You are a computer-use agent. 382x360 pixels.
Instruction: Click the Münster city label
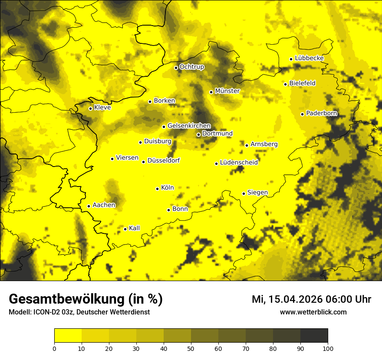pyautogui.click(x=227, y=91)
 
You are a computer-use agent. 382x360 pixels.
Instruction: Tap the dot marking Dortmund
pyautogui.click(x=198, y=134)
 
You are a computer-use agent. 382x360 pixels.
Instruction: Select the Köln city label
pyautogui.click(x=167, y=188)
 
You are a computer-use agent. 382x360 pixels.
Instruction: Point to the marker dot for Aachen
pyautogui.click(x=89, y=206)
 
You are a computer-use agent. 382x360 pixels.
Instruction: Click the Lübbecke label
pyautogui.click(x=309, y=58)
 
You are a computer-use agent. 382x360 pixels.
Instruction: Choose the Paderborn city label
pyautogui.click(x=321, y=113)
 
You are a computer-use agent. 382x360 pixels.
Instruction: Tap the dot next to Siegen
pyautogui.click(x=244, y=193)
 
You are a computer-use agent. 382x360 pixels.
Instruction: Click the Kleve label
pyautogui.click(x=102, y=108)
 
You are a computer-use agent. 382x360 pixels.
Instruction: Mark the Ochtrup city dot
pyautogui.click(x=176, y=68)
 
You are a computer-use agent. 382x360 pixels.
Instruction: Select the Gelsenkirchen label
pyautogui.click(x=189, y=126)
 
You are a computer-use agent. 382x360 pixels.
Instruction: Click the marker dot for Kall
pyautogui.click(x=125, y=229)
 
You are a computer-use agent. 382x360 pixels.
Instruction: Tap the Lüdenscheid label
pyautogui.click(x=239, y=162)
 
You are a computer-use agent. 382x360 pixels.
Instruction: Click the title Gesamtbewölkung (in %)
pyautogui.click(x=86, y=299)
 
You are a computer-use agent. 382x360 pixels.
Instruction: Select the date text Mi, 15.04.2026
pyautogui.click(x=286, y=299)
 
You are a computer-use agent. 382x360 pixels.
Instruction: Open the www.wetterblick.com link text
pyautogui.click(x=313, y=312)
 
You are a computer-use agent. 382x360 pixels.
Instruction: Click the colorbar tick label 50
pyautogui.click(x=191, y=348)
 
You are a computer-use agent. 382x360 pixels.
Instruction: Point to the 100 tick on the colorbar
pyautogui.click(x=328, y=348)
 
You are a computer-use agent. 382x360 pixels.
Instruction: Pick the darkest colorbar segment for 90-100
pyautogui.click(x=314, y=336)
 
